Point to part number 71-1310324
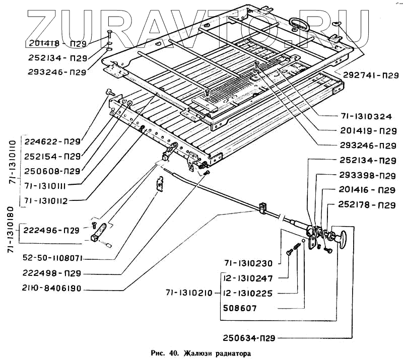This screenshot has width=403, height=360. click(x=364, y=116)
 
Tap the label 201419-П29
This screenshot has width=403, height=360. click(x=364, y=131)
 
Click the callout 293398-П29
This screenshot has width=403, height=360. click(x=364, y=176)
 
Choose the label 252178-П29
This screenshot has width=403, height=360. click(x=364, y=205)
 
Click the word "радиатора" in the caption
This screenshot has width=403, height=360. click(x=231, y=352)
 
